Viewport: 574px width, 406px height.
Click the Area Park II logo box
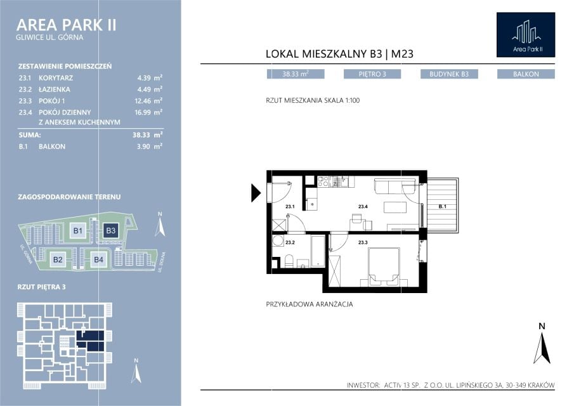(526, 35)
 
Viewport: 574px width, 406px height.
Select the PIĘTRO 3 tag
(372, 74)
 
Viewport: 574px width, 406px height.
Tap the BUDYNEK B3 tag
(449, 74)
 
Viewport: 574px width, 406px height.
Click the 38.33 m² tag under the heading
(296, 74)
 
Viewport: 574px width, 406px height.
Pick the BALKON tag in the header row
(526, 74)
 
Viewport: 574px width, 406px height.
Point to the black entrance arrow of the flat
(256, 193)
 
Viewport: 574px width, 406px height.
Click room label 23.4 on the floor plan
(363, 206)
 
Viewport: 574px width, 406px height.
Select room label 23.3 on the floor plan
(363, 242)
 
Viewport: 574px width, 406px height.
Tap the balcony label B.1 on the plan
(443, 206)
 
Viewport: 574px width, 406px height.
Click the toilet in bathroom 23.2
(289, 261)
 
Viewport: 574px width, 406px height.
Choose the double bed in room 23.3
(383, 266)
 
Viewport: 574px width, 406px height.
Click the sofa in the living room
(395, 186)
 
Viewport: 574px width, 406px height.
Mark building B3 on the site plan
(110, 231)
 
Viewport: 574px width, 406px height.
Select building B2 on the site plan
(58, 259)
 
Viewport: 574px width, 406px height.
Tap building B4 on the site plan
(99, 259)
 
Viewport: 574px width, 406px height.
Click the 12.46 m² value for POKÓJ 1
(148, 101)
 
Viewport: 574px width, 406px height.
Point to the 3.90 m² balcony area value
(149, 147)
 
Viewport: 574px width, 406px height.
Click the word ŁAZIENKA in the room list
(55, 89)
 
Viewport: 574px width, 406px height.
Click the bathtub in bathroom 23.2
(318, 251)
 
